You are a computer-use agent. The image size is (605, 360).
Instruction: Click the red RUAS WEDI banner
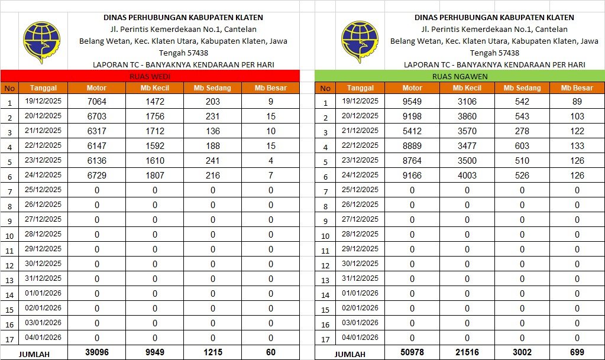point(150,76)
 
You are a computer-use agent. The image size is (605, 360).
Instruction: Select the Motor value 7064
point(96,101)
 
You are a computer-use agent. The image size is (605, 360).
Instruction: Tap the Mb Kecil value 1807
point(155,175)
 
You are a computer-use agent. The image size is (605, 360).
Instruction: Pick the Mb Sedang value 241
point(212,160)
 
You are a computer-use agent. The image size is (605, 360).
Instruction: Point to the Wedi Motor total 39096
point(96,352)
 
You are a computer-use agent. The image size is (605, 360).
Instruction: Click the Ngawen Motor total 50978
point(412,352)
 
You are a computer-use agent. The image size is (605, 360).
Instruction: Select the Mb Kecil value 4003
point(467,175)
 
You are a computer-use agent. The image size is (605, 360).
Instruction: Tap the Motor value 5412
point(412,131)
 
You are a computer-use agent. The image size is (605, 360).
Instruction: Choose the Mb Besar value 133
point(577,145)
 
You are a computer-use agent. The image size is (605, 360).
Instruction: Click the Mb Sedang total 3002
point(522,352)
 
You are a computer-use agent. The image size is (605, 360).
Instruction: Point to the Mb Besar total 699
point(577,352)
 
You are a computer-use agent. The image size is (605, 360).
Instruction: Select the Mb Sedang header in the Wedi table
point(212,88)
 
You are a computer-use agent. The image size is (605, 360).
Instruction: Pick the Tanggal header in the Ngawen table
point(360,88)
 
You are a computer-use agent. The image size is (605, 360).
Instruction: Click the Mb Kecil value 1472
point(155,101)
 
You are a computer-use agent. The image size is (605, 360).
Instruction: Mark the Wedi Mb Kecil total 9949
point(155,352)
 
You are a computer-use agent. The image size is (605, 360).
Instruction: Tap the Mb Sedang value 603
point(522,145)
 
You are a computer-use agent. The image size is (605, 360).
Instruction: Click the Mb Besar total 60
point(271,352)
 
